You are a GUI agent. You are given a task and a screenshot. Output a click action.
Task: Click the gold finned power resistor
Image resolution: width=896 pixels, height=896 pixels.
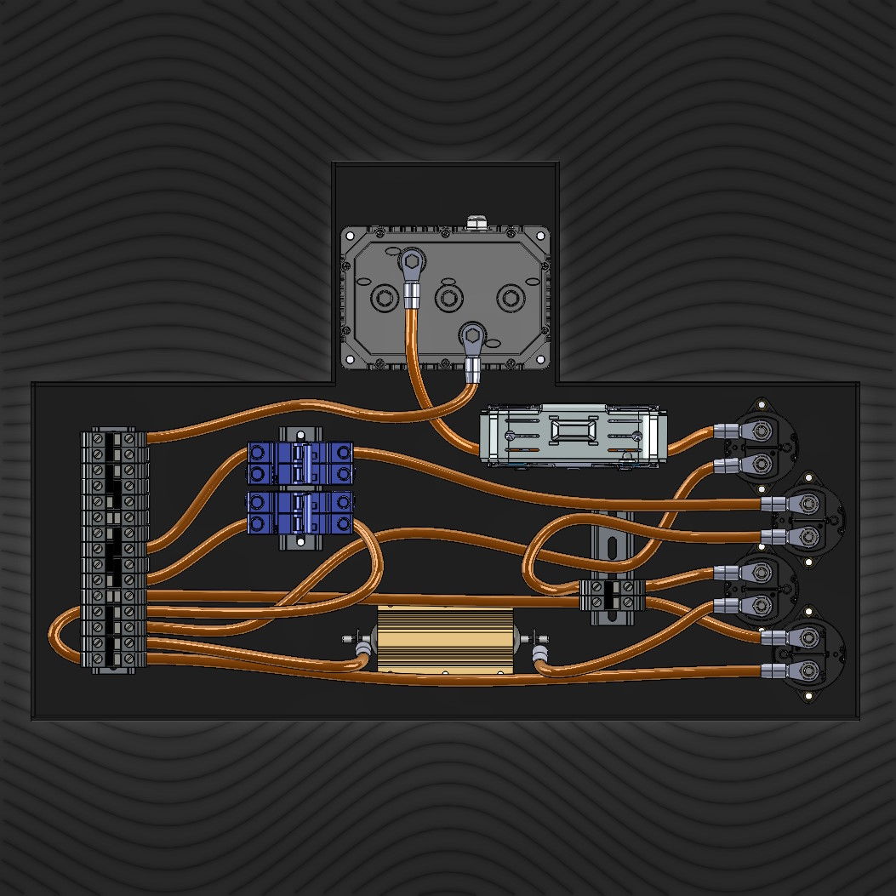(444, 641)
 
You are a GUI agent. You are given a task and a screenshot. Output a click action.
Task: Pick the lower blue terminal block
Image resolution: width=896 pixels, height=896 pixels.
(300, 513)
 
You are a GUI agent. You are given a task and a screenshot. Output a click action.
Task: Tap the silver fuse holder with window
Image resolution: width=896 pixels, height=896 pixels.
(571, 435)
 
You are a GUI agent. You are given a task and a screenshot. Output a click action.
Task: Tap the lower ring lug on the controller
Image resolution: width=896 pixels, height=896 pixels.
(471, 333)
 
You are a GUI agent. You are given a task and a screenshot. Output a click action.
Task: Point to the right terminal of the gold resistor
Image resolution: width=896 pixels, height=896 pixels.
(534, 639)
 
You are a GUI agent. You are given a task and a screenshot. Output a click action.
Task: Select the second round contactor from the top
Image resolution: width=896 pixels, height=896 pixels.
(808, 518)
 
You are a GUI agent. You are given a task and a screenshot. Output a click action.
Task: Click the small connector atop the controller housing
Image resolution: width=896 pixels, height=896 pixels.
(476, 222)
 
